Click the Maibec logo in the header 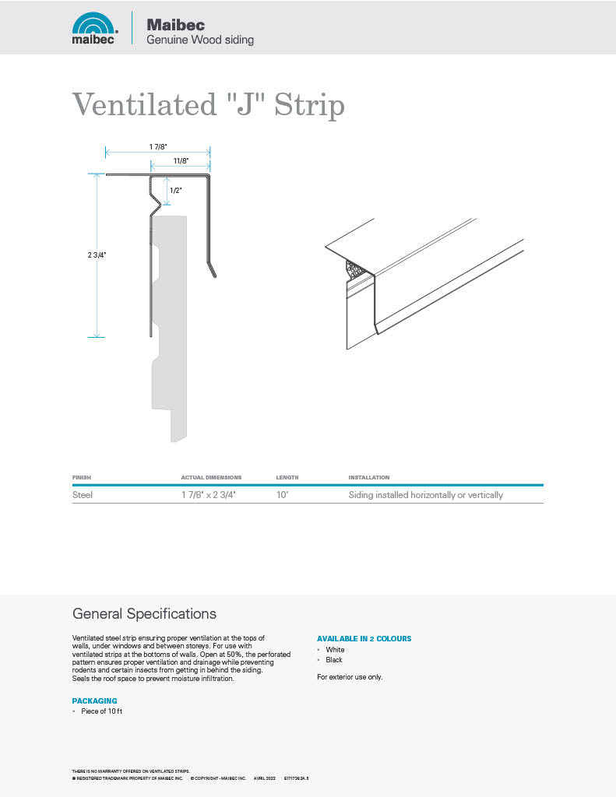click(x=94, y=28)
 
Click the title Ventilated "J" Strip click(x=208, y=104)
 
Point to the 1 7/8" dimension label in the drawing click(x=158, y=146)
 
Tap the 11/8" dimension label click(x=181, y=161)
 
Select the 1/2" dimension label click(x=175, y=191)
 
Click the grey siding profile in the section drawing click(x=170, y=327)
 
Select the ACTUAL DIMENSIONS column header click(x=211, y=477)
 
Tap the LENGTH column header click(x=287, y=477)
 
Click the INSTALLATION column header click(x=368, y=477)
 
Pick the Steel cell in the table click(x=83, y=495)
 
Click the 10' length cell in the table click(x=282, y=495)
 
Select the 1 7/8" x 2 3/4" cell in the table click(x=208, y=495)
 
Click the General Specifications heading click(x=144, y=614)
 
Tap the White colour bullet click(x=335, y=650)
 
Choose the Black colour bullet click(x=334, y=660)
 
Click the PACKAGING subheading click(x=94, y=701)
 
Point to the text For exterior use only click(x=350, y=677)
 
